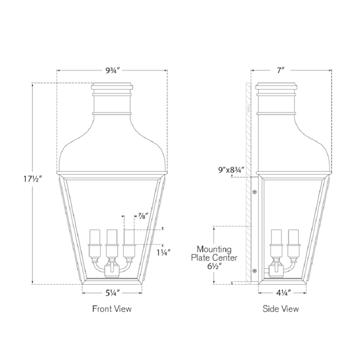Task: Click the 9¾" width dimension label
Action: click(112, 71)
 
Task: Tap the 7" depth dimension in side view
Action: click(280, 71)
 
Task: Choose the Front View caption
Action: click(112, 309)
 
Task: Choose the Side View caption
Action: click(281, 309)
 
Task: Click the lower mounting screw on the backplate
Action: click(254, 270)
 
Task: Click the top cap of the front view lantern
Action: click(112, 88)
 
